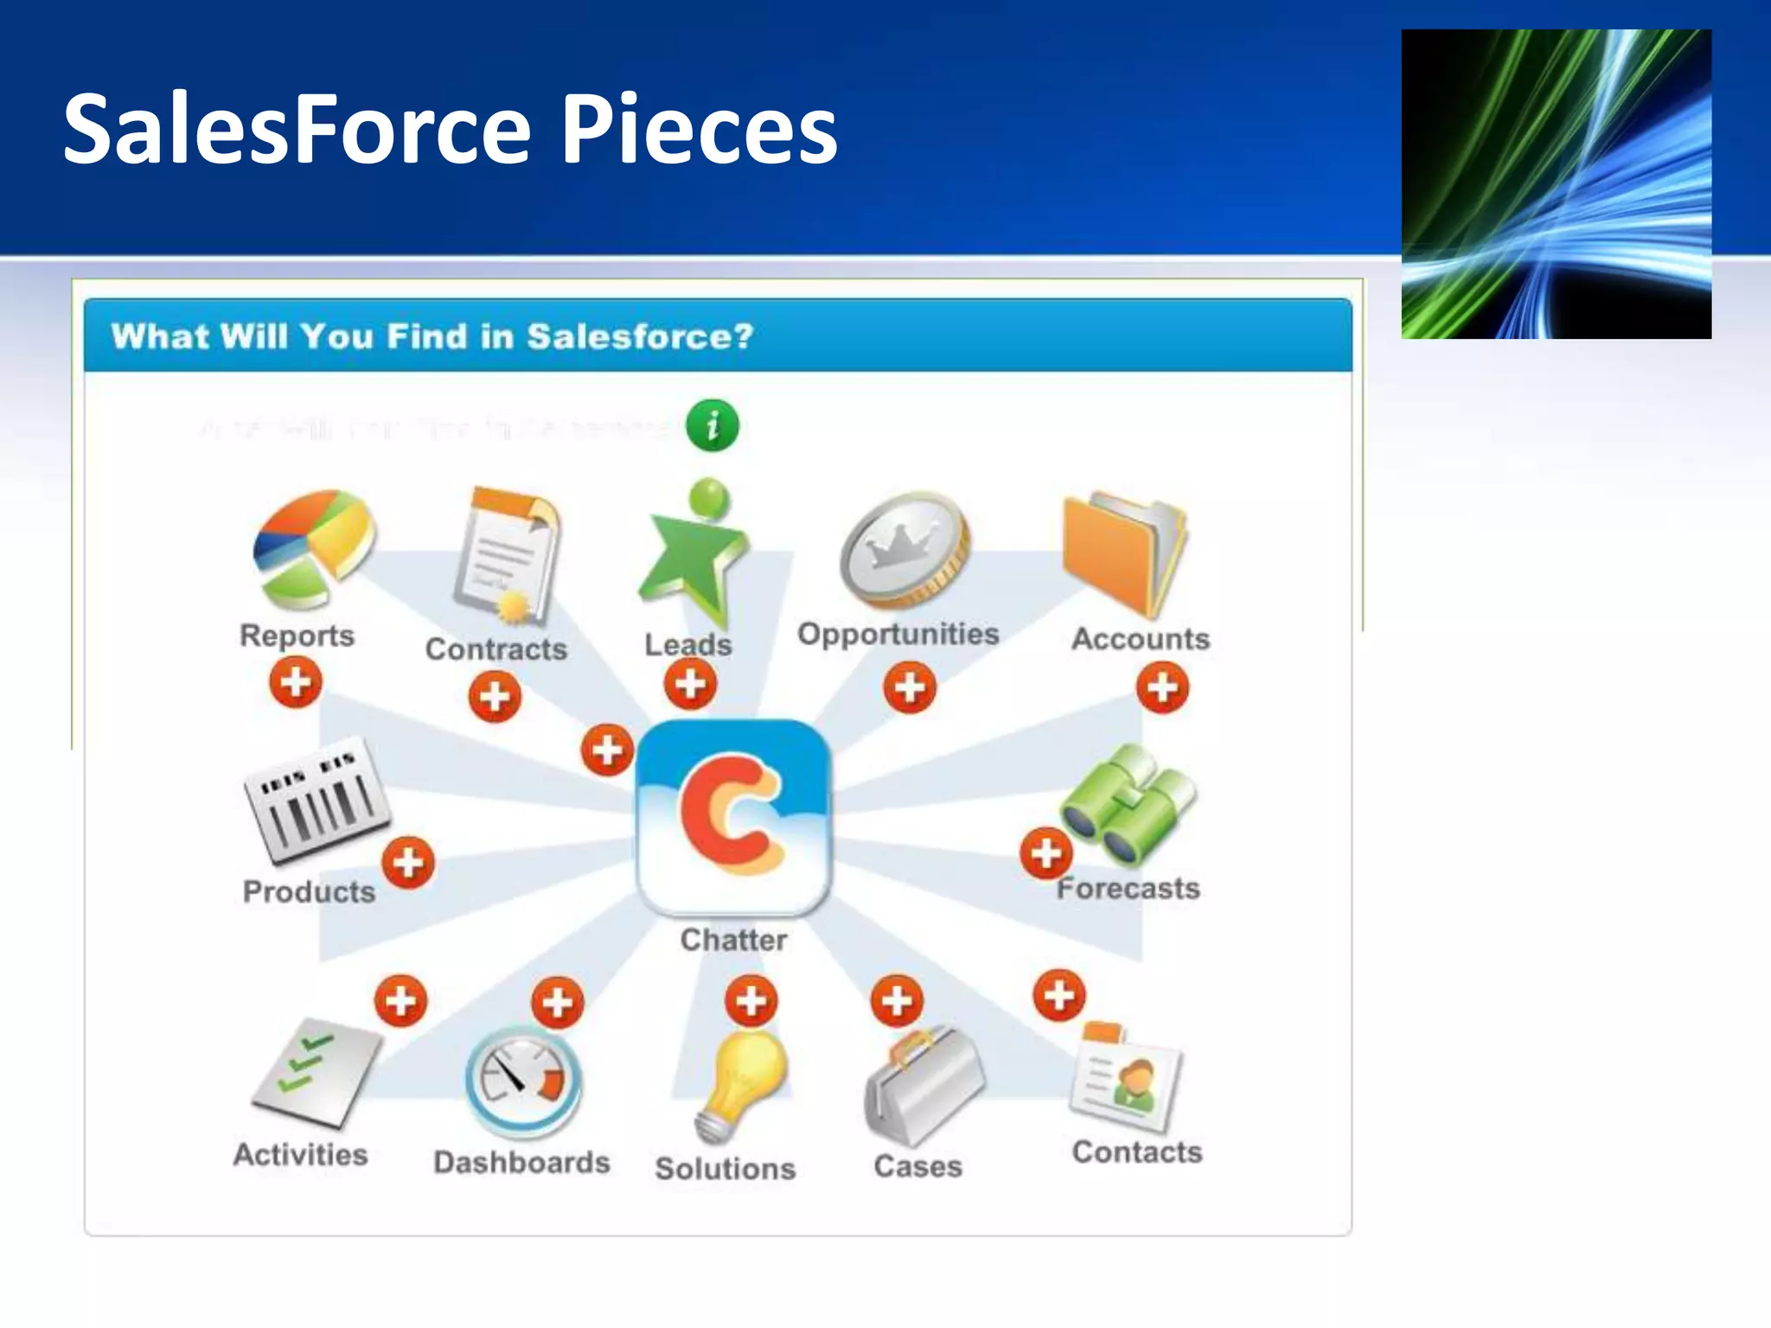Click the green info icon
point(712,425)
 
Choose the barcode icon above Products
point(316,800)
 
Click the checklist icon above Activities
point(316,1072)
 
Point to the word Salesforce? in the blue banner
point(640,336)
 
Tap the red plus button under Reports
point(296,682)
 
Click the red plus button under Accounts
point(1162,688)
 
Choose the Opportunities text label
point(898,634)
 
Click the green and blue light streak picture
point(1556,184)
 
